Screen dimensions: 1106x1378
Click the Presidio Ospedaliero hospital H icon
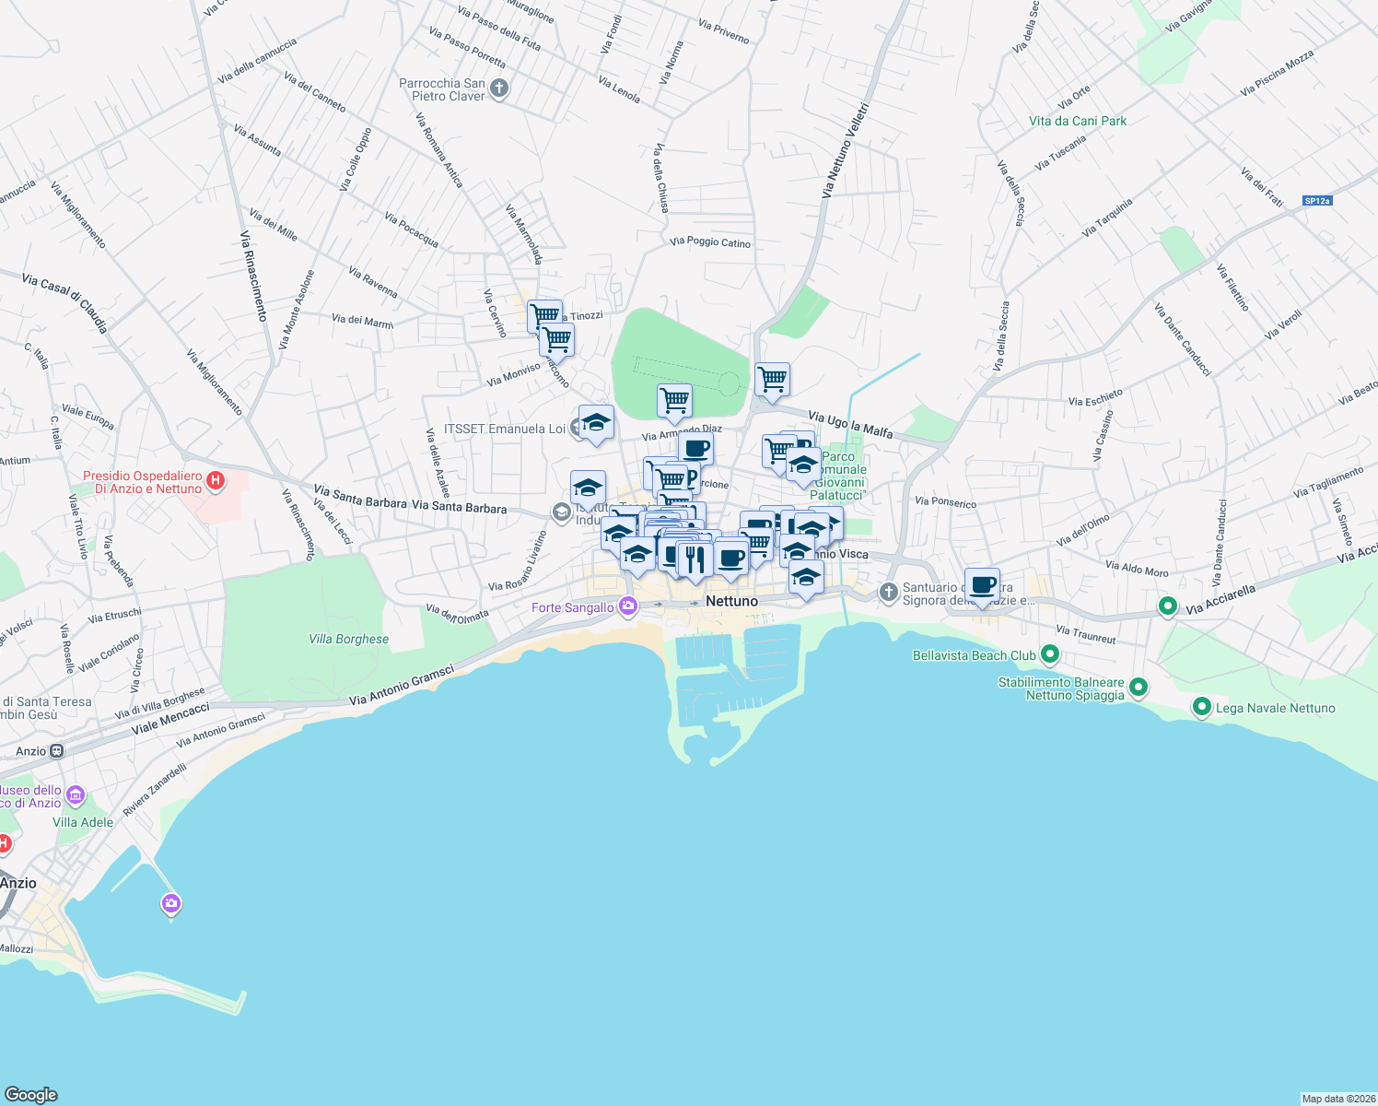[216, 480]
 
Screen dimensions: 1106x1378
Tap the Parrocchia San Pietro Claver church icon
[499, 89]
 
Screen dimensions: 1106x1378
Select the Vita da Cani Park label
[1077, 121]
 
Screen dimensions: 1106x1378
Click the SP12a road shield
[1317, 200]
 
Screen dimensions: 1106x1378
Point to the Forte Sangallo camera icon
[628, 606]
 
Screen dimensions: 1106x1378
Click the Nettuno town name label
[731, 601]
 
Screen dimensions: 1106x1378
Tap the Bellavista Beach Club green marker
[1049, 654]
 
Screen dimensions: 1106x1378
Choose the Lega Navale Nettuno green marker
[1201, 707]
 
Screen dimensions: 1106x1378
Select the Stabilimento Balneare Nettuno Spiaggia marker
[1139, 688]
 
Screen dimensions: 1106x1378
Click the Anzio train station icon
[57, 751]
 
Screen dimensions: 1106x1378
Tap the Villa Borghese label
[348, 639]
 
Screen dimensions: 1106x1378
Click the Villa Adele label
[83, 822]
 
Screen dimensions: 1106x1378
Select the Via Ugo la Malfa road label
[850, 425]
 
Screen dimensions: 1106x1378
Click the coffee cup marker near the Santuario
[983, 584]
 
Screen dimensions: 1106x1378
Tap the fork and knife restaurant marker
[695, 559]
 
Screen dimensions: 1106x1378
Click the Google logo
[31, 1094]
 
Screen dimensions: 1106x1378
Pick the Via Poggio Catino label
[710, 242]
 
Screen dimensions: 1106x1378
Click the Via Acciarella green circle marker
[1167, 606]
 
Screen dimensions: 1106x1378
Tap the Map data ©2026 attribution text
[1337, 1099]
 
